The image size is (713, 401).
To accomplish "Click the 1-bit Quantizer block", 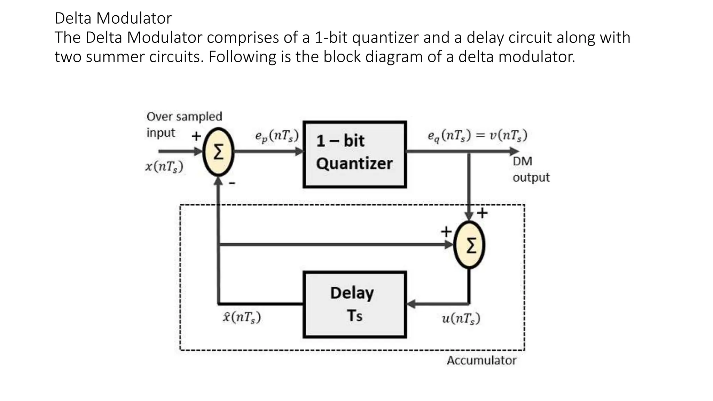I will point(354,155).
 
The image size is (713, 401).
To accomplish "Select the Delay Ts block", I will point(354,304).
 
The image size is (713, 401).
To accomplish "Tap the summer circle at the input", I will point(218,152).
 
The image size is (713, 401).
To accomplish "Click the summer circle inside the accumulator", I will point(470,245).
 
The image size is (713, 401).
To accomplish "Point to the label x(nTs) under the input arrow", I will point(164,167).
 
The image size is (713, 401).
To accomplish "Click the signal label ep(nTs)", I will point(277,135).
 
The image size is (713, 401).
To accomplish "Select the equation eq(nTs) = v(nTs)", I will point(477,135).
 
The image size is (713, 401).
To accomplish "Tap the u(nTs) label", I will point(461,318).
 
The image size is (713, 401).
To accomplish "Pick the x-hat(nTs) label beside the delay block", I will point(242,317).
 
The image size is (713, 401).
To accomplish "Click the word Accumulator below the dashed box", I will point(481,361).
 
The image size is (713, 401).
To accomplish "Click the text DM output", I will point(531,169).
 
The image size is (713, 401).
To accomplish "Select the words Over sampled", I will point(184,116).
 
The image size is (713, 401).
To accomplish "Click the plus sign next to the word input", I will point(196,136).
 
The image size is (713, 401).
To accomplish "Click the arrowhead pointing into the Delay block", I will point(411,304).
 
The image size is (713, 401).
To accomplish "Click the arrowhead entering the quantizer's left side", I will point(299,151).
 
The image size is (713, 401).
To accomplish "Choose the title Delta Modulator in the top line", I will point(113,18).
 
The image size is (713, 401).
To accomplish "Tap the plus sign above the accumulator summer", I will point(482,213).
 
